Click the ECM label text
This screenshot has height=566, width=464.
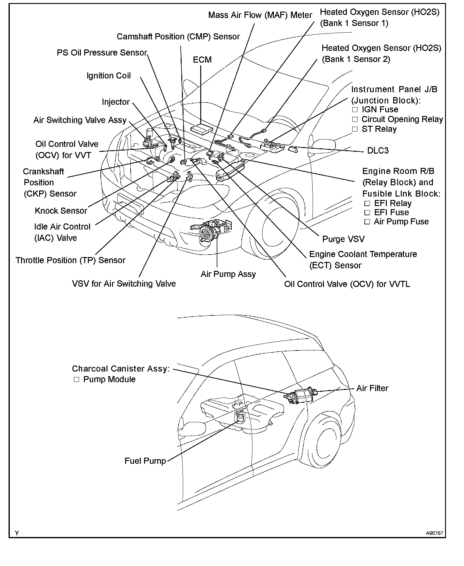pos(202,60)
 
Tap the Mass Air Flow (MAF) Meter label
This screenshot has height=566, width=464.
pos(260,15)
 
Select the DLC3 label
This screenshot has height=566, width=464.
pos(378,151)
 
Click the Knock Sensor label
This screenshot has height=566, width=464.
pos(61,211)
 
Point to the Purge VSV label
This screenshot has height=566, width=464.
pos(343,239)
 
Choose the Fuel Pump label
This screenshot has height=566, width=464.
pos(145,461)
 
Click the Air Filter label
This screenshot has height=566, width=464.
pos(372,388)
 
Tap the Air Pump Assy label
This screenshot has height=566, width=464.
pos(228,274)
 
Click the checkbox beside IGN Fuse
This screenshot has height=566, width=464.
pos(355,110)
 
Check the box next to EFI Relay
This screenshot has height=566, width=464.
pos(367,203)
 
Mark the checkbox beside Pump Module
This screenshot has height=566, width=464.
pos(76,379)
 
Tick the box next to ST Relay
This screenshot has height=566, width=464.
pos(355,129)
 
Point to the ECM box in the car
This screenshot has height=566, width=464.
pos(201,128)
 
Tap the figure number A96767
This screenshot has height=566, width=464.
pos(435,533)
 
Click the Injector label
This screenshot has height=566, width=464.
pos(116,102)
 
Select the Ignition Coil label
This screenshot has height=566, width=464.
pos(109,76)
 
